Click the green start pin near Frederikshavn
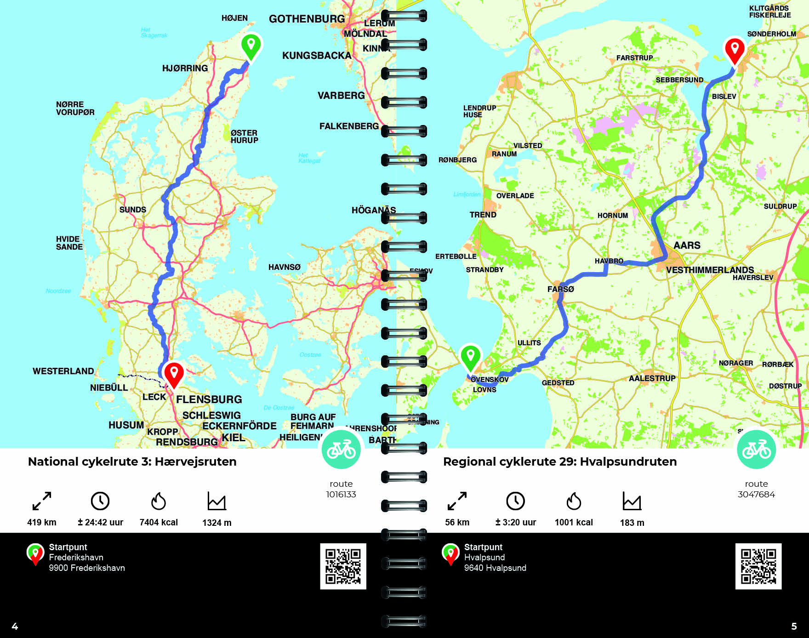point(251,46)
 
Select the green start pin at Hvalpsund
point(470,356)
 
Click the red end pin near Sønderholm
point(735,49)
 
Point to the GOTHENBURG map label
point(307,19)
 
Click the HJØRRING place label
point(185,68)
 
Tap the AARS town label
point(687,245)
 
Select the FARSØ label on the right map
point(560,289)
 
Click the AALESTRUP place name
point(652,378)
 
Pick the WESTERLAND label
point(63,371)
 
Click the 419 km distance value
point(41,522)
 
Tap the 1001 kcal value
point(574,522)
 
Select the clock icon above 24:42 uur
point(100,501)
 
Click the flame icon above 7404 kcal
point(159,501)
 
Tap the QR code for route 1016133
point(343,566)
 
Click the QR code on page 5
point(758,566)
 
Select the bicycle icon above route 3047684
point(756,449)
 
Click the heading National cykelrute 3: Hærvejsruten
point(132,461)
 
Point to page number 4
point(15,626)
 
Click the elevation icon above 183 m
point(632,501)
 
